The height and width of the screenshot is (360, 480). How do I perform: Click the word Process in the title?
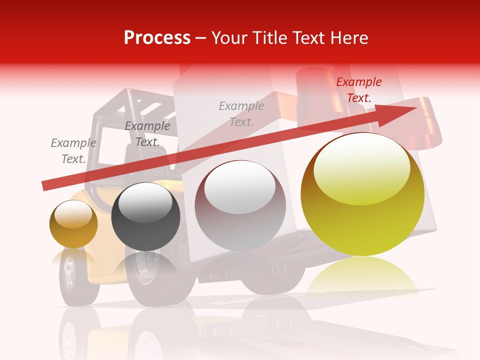tap(157, 38)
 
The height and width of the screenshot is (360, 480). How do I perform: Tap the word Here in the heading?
tap(350, 38)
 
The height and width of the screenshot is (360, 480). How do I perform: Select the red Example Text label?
tap(359, 90)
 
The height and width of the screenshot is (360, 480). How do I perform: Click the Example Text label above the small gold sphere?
tap(73, 151)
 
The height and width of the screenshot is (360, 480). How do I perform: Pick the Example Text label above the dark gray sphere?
tap(147, 134)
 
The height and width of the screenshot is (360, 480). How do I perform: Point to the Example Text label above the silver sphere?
tap(241, 113)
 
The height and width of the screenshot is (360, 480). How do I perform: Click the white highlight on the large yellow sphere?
tap(361, 167)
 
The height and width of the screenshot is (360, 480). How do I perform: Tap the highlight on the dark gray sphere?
tap(145, 201)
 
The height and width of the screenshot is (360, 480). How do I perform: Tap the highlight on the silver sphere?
tap(240, 186)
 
